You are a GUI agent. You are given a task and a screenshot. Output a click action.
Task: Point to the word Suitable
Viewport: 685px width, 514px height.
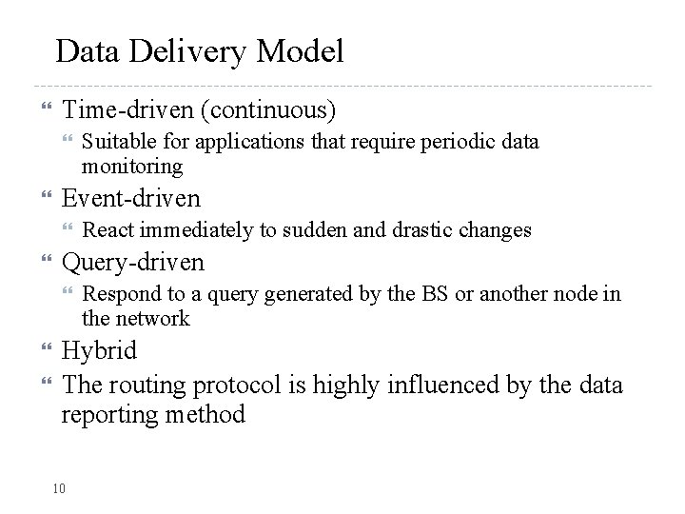click(x=113, y=142)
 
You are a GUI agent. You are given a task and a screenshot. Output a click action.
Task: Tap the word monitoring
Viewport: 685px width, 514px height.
click(x=132, y=166)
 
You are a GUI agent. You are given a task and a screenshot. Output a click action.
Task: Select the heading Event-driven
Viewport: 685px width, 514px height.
click(x=131, y=198)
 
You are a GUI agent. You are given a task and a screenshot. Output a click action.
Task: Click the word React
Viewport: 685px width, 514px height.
click(x=108, y=229)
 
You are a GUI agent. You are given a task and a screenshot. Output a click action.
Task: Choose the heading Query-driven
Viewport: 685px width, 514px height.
click(x=132, y=262)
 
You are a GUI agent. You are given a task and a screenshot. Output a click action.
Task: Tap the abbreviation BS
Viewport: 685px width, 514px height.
click(x=435, y=294)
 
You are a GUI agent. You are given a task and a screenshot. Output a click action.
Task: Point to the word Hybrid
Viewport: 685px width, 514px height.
click(x=99, y=350)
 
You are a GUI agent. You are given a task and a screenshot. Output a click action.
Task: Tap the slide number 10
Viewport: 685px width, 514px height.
click(x=59, y=488)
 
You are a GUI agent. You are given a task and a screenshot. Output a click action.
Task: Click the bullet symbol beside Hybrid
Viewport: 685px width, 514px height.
click(x=40, y=350)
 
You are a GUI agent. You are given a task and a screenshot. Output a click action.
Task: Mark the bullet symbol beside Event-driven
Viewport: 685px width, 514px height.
click(x=40, y=198)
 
